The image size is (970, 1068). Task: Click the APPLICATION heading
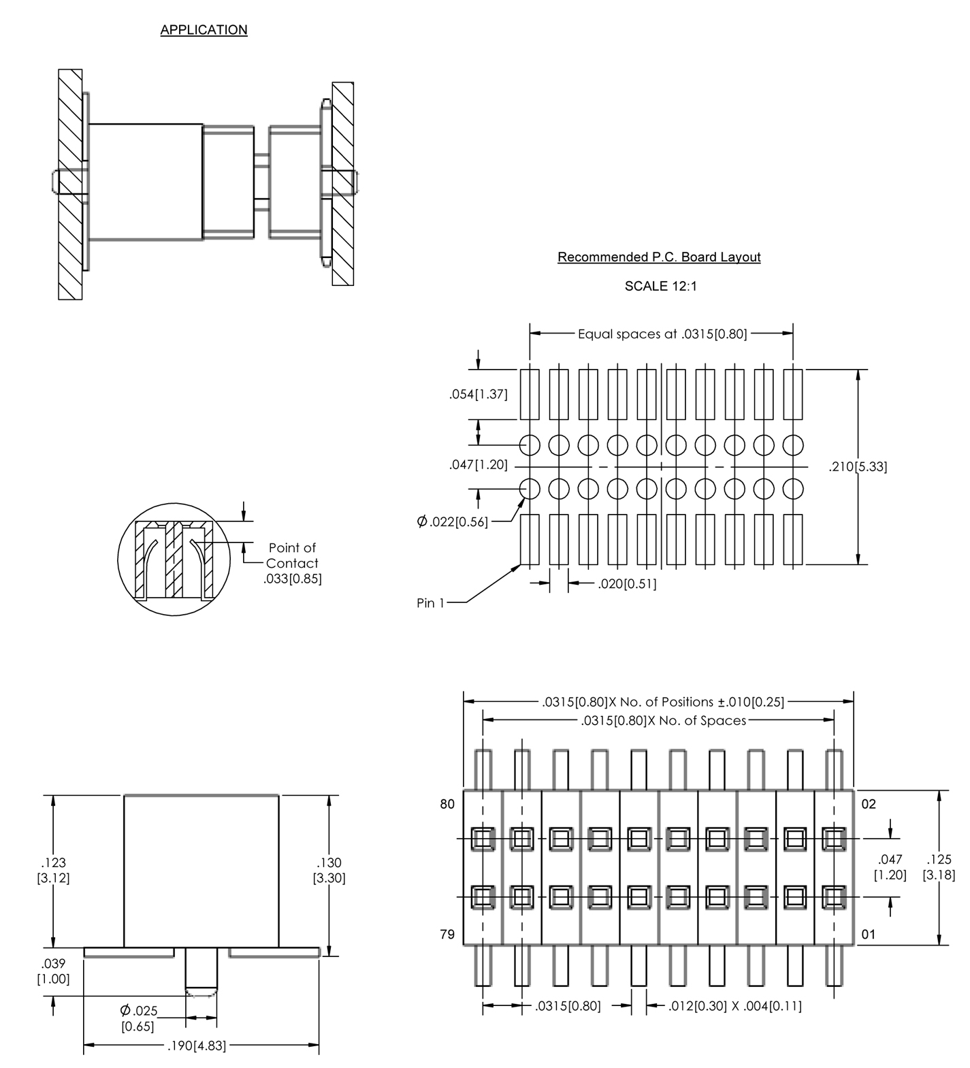click(204, 30)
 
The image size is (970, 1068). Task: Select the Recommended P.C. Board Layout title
click(658, 257)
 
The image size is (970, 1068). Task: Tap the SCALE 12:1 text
click(660, 287)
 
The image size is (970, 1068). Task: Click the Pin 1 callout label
click(430, 603)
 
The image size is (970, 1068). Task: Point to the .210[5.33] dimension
click(857, 467)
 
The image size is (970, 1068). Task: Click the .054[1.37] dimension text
click(478, 394)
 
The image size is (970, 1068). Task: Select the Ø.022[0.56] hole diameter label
click(452, 522)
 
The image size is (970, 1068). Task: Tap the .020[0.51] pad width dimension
click(626, 584)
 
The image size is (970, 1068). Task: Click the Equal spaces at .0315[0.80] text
click(662, 334)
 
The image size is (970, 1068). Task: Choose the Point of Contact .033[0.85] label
click(293, 563)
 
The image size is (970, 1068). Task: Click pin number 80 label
click(447, 805)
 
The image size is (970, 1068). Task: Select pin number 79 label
click(447, 935)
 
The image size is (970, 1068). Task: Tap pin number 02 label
click(869, 805)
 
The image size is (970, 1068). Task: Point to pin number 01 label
click(869, 935)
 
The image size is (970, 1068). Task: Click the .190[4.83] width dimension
click(196, 1046)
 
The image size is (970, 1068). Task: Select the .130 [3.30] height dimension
click(329, 871)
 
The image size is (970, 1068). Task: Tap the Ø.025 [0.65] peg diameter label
click(138, 1018)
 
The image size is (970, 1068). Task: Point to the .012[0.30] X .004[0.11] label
click(734, 1006)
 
